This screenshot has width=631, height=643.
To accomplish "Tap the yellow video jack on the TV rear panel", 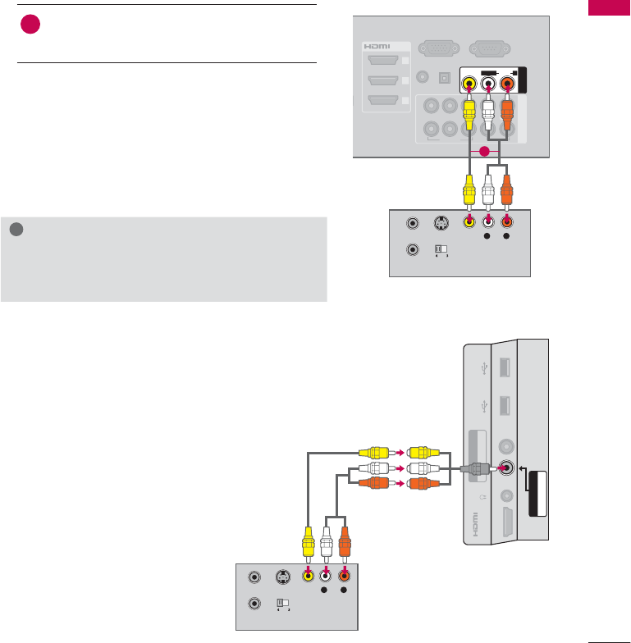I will (469, 82).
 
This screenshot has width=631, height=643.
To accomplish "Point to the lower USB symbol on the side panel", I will (487, 404).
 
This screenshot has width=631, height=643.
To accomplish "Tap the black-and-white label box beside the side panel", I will (537, 493).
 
